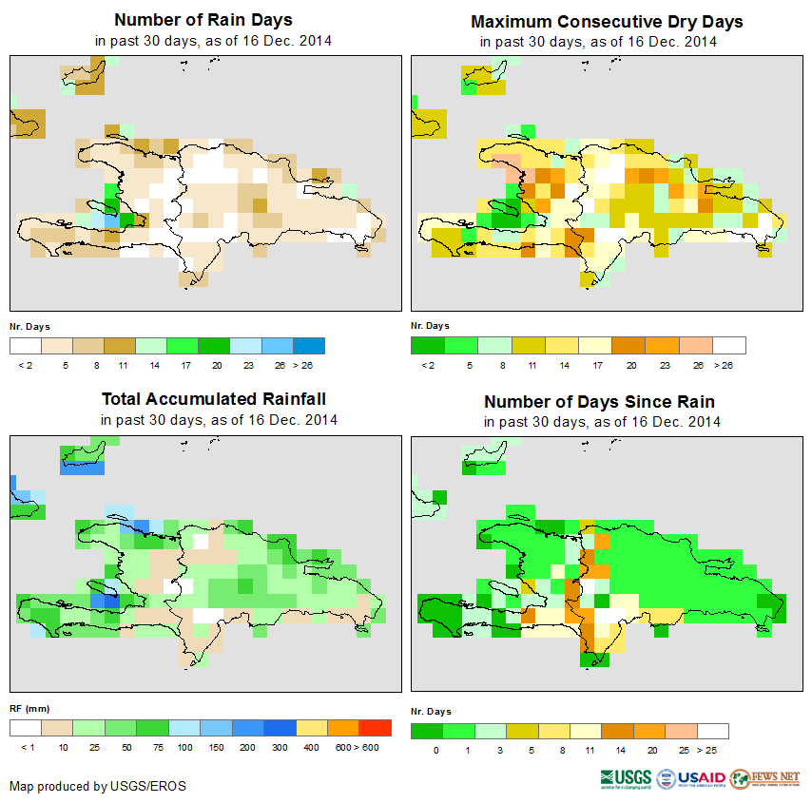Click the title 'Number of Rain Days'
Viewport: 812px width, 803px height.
(x=203, y=20)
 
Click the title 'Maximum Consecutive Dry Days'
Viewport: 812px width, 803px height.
(x=607, y=21)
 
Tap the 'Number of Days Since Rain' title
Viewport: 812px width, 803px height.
(x=599, y=401)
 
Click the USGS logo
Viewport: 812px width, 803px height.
(x=627, y=779)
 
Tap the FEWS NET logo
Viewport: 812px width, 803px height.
(x=764, y=778)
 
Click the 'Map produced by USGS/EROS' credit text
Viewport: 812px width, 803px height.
(x=98, y=786)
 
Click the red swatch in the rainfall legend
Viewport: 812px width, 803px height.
(x=376, y=728)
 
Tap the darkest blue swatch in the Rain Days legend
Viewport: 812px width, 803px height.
(x=309, y=345)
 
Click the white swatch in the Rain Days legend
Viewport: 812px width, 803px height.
(x=26, y=345)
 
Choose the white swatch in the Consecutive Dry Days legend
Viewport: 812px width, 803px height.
(x=729, y=345)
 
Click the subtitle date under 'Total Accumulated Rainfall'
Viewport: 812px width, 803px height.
(x=219, y=420)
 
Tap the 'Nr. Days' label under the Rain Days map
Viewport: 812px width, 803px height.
(x=29, y=326)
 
